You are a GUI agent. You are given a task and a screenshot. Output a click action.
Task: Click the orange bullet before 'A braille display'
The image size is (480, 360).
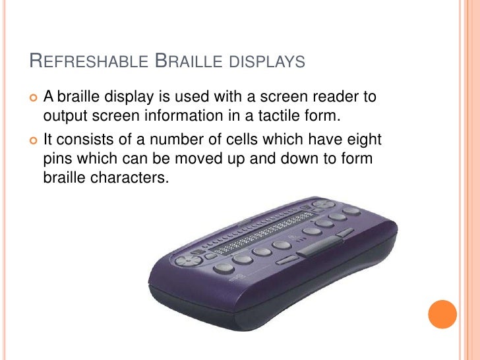33,98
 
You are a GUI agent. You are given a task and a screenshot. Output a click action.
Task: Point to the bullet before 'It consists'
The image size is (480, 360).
33,140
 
